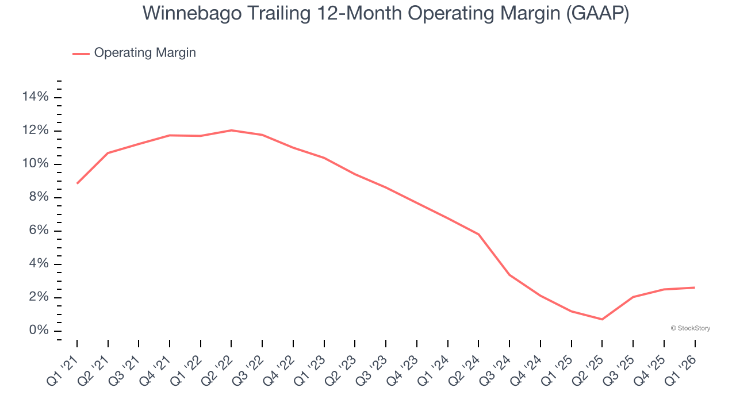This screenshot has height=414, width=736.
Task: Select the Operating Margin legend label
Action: pos(145,53)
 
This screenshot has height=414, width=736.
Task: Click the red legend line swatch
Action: pos(81,53)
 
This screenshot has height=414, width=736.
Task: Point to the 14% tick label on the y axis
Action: pos(35,97)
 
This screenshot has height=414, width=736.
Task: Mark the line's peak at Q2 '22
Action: pos(231,131)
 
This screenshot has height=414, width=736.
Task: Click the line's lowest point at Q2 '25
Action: pos(602,319)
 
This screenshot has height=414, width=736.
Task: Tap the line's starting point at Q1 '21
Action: pos(77,183)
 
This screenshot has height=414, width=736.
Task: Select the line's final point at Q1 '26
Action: pos(695,287)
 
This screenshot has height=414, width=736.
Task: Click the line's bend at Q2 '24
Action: pos(478,234)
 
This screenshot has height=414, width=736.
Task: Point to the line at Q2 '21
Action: pos(108,153)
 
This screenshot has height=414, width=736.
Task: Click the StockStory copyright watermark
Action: pos(690,328)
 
